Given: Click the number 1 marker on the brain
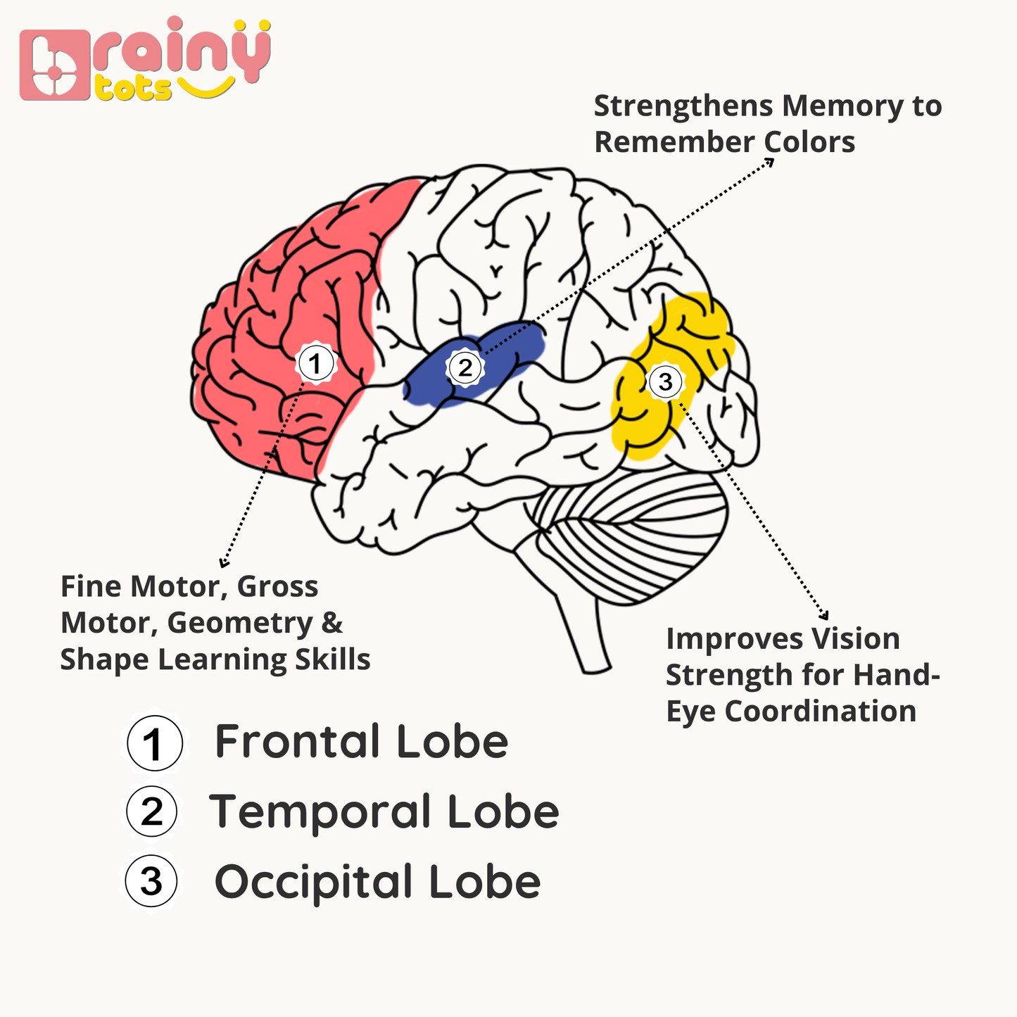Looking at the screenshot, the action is pos(315,363).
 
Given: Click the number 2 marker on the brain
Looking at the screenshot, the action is pos(465,367).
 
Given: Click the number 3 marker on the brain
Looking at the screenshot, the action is pos(665,381).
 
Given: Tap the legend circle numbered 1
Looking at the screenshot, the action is pos(155,743).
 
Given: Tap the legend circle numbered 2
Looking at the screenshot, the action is pos(152,811).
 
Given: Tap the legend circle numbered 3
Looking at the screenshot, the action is pos(151,881).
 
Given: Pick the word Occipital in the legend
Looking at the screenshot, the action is pos(313,883).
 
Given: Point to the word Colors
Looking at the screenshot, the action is pos(809,142).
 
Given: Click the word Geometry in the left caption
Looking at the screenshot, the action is pos(240,624).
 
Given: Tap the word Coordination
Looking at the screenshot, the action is pos(820,712).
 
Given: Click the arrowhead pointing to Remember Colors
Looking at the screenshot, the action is pos(770,161).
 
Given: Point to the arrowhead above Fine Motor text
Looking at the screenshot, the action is pos(224,562).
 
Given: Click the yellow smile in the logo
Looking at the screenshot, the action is pos(206,87).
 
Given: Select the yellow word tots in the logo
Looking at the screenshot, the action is pos(133,89).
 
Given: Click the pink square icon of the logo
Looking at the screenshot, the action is pos(55,65).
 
